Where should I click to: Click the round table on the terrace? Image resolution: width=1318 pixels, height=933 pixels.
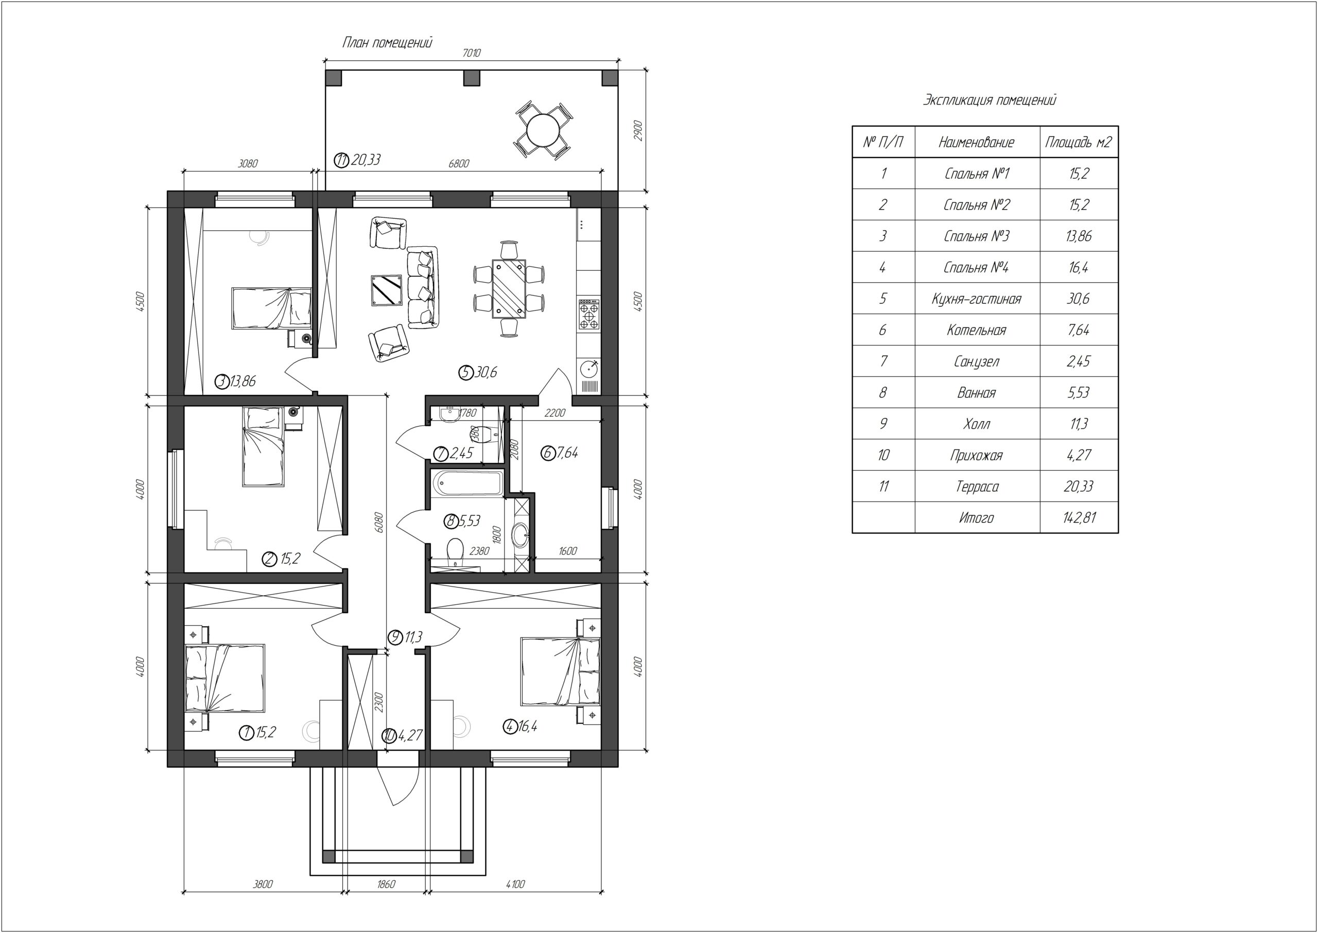click(x=543, y=130)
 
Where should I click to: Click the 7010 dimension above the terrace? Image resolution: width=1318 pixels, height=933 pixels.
click(x=472, y=53)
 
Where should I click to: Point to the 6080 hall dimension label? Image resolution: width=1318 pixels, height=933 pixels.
click(x=377, y=522)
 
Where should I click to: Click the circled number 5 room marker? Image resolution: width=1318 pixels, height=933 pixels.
click(x=465, y=373)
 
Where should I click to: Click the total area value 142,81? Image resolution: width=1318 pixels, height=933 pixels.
click(x=1079, y=517)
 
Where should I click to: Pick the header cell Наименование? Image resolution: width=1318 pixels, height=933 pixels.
click(x=976, y=143)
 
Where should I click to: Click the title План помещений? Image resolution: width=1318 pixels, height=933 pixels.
click(x=388, y=43)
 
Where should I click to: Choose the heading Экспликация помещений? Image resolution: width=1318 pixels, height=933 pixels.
click(x=990, y=100)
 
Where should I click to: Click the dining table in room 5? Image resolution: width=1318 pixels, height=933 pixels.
click(x=509, y=288)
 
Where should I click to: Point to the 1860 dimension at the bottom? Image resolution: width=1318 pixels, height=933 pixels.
click(x=387, y=884)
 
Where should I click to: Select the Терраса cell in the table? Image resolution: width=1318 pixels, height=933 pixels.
click(x=976, y=487)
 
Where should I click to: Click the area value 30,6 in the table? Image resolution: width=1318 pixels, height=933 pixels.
click(x=1079, y=299)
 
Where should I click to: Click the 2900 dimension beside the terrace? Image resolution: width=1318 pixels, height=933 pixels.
click(x=637, y=130)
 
